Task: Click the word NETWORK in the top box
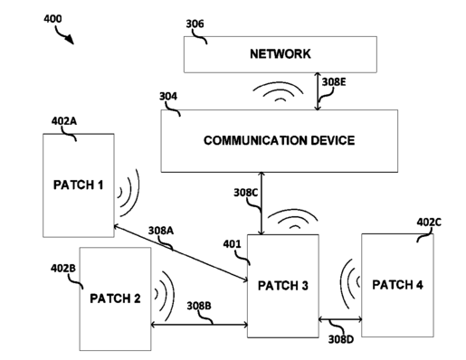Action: (x=281, y=53)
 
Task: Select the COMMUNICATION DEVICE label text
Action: (x=279, y=140)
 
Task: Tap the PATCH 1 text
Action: (x=79, y=185)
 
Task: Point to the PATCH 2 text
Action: (x=115, y=298)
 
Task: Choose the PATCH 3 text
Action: (x=283, y=286)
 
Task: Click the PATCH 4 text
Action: (x=397, y=285)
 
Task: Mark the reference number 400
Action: (x=52, y=19)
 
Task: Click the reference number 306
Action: (x=195, y=24)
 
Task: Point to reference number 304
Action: (x=168, y=96)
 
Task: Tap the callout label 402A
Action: (x=64, y=121)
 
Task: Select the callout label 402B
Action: (x=63, y=268)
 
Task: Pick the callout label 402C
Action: (x=429, y=223)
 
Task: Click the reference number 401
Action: (x=233, y=244)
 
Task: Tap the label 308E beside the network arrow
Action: (x=334, y=82)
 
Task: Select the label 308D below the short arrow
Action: (x=341, y=339)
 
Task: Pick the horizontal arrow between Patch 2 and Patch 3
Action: (x=199, y=325)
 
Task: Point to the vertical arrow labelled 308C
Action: (x=262, y=204)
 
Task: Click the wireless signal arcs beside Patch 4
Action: (x=350, y=283)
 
